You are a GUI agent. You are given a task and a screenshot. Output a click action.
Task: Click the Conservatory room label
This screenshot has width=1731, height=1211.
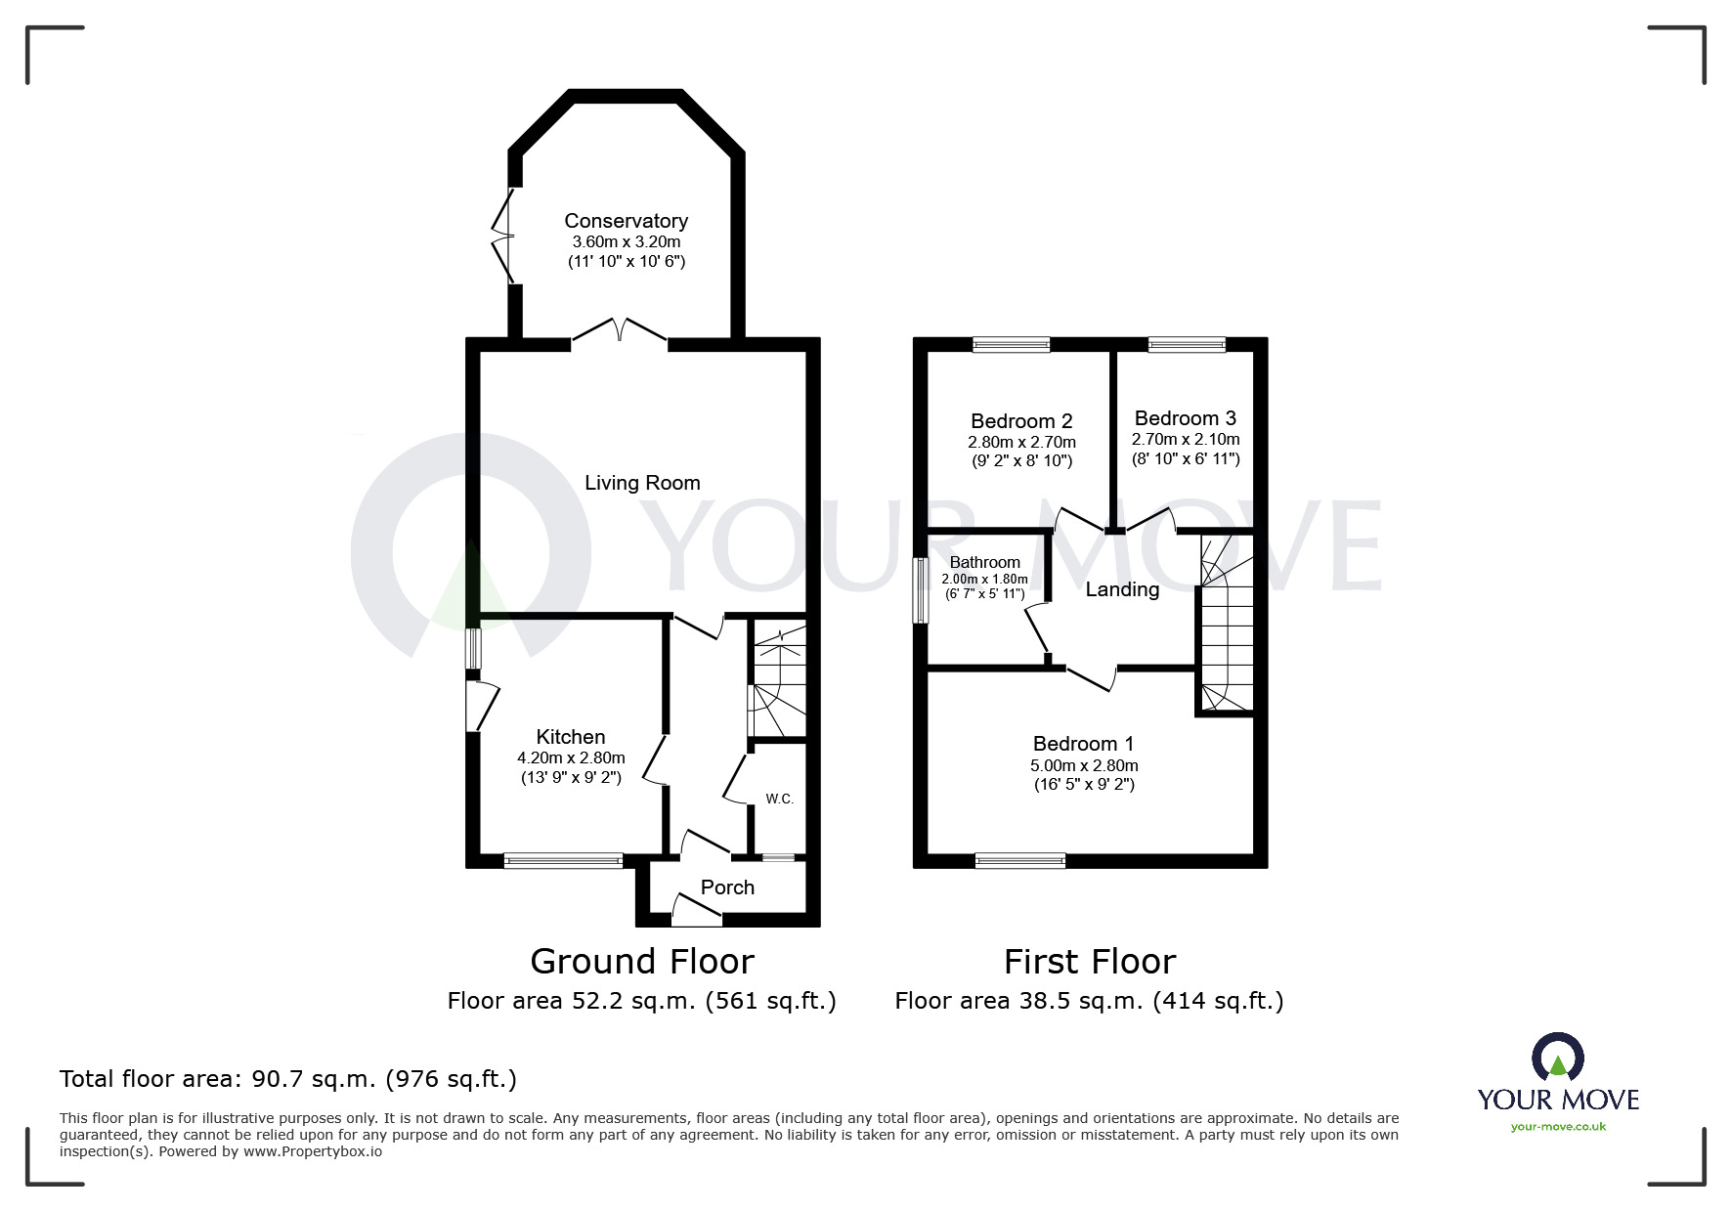point(626,221)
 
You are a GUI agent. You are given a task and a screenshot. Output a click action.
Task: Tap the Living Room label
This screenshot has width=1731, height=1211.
point(642,483)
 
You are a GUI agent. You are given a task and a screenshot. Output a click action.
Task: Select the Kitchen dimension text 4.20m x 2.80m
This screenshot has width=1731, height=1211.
point(571,757)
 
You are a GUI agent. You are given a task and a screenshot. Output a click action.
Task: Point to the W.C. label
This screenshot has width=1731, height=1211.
point(779,799)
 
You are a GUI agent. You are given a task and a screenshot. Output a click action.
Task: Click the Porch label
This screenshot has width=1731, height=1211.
point(727,887)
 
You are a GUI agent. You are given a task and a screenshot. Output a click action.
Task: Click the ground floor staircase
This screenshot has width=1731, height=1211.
point(778,680)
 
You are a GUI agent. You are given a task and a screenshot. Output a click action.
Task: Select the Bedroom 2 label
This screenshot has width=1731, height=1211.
point(1021,421)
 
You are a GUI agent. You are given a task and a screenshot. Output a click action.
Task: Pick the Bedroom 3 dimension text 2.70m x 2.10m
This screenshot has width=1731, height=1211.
point(1186,439)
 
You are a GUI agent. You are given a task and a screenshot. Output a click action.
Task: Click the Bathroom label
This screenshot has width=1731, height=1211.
point(984,562)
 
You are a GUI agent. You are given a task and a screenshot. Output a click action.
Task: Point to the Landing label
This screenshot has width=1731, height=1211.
point(1122,589)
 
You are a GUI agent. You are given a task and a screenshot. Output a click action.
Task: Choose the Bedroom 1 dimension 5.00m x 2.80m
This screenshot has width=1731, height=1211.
point(1084,765)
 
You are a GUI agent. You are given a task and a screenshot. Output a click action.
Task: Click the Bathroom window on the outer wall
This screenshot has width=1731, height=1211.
point(920,590)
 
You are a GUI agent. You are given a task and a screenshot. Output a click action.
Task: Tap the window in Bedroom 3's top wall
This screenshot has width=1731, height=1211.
point(1186,344)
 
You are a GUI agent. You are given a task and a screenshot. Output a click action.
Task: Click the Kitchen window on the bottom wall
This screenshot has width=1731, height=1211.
point(563,861)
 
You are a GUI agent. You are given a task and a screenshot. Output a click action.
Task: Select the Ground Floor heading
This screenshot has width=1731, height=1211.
point(642,962)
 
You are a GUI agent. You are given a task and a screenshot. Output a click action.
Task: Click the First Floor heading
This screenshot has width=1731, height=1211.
point(1089,962)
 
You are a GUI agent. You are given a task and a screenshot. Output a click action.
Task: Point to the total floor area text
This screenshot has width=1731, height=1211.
point(288,1079)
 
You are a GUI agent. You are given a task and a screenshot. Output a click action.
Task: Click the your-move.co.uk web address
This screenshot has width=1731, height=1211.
point(1558,1127)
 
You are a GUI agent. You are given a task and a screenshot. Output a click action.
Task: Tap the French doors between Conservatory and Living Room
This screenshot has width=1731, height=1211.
point(620,332)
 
